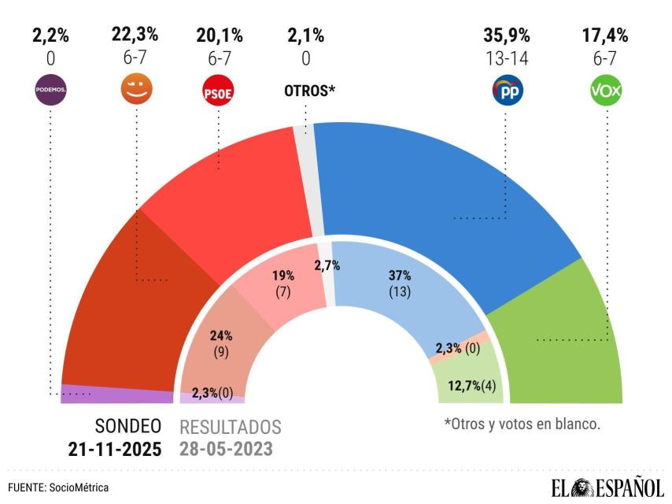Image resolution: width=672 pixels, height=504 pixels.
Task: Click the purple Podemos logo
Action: [50, 91]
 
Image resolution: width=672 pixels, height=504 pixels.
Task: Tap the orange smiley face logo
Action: [135, 90]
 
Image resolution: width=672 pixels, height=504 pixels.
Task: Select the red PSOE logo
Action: [219, 91]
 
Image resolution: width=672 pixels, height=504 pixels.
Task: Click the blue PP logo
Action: [506, 91]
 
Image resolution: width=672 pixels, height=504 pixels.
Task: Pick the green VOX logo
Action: [606, 91]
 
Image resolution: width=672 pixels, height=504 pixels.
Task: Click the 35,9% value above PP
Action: [506, 35]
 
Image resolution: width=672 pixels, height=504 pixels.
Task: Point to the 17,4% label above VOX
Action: [606, 35]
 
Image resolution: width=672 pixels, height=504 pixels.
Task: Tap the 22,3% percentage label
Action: [135, 35]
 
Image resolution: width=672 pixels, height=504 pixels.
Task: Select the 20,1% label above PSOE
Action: [220, 35]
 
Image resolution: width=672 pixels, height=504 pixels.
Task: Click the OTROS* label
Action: [309, 91]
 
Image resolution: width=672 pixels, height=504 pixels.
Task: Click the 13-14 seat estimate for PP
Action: [506, 57]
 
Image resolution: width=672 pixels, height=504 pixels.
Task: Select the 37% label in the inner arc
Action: [401, 276]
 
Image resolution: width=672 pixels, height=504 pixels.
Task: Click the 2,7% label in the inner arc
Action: [327, 265]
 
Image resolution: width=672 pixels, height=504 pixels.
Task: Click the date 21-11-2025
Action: [114, 450]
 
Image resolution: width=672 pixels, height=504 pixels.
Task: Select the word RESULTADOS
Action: [231, 428]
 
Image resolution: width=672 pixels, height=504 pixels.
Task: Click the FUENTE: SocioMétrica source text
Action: [59, 488]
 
